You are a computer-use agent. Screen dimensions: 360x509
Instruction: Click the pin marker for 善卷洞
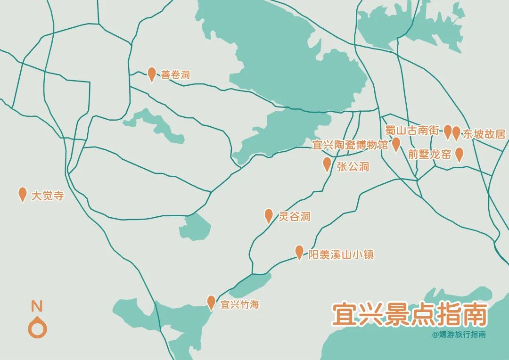coord(152,74)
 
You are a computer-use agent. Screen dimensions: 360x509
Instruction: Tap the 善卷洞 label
coord(175,74)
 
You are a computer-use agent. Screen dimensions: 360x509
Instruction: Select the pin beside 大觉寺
coord(22,194)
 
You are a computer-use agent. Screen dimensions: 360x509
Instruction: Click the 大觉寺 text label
coord(47,196)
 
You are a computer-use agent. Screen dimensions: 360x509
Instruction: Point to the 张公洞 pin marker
coord(327,164)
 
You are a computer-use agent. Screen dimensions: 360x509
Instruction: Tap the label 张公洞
coord(353,166)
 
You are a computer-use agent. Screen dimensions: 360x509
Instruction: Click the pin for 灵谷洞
coord(269,215)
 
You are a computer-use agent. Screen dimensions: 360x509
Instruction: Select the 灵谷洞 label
coord(295,217)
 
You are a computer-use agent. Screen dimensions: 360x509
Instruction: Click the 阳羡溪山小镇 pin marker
coord(299,252)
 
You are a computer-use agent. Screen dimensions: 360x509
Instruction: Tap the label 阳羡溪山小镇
coord(341,254)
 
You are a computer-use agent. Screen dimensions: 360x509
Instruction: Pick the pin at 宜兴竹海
coord(211,302)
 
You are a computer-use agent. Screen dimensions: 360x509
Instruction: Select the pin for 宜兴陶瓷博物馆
coord(396,144)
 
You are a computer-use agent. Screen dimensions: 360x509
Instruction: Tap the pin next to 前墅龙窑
coord(459,154)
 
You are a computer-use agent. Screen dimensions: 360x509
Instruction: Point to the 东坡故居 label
coord(484,134)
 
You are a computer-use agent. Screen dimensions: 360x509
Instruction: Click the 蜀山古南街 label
coord(412,131)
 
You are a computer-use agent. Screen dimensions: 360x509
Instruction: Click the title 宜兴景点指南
coord(409,314)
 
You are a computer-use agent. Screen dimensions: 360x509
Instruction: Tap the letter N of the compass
coord(37,306)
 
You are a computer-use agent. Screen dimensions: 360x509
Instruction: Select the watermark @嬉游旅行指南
coord(459,335)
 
